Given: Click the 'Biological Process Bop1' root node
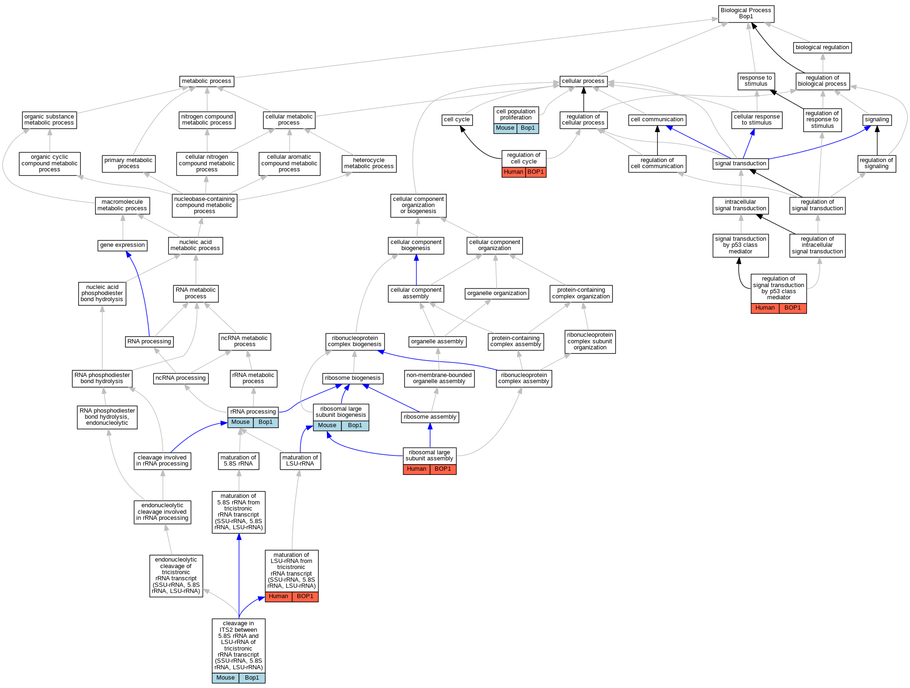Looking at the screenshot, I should tap(746, 14).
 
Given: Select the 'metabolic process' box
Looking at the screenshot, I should tap(206, 81).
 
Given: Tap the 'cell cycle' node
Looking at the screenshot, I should tap(457, 119).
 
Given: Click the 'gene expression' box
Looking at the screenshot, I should tap(123, 245).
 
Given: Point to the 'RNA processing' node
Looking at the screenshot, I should tap(149, 341).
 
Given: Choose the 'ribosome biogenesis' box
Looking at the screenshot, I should tap(353, 378).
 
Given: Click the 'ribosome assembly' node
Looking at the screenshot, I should tap(430, 417).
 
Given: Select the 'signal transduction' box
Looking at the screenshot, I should tap(740, 163).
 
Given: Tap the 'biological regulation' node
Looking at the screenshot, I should tap(822, 47).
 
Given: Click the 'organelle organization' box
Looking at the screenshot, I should tap(497, 293).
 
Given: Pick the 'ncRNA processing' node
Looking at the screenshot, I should tap(181, 378).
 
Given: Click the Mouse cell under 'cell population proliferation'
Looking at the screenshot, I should tap(505, 128).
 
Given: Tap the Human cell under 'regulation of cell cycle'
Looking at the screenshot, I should tap(513, 172).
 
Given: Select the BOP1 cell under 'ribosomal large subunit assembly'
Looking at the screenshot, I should tap(443, 469).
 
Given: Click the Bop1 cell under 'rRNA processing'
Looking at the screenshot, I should tap(266, 422).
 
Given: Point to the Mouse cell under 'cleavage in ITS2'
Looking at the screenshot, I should tap(225, 678).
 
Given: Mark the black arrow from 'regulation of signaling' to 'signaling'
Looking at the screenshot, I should tap(877, 141).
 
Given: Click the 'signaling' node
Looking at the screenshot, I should tap(877, 119).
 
